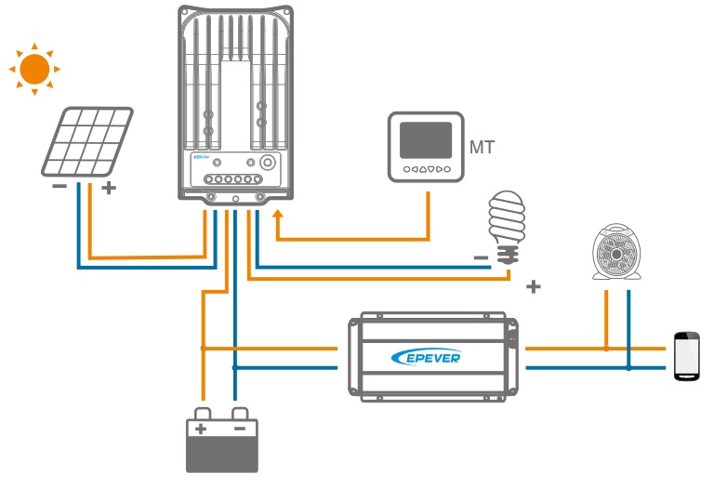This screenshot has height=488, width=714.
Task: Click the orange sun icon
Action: [x=34, y=69]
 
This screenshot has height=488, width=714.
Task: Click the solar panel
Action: [x=86, y=141]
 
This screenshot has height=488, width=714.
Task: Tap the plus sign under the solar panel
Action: [x=109, y=188]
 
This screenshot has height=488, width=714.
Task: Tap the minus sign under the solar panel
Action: [x=59, y=187]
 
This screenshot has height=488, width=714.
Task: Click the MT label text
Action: [x=483, y=148]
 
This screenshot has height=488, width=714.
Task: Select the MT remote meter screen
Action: [x=425, y=139]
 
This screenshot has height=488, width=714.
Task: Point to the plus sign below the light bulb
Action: [x=533, y=286]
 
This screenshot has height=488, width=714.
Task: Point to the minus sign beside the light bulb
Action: [x=481, y=257]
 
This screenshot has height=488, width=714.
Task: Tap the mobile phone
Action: [x=685, y=355]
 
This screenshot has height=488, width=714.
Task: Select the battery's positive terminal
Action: [x=200, y=428]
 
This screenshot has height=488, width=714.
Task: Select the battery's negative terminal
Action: [x=240, y=428]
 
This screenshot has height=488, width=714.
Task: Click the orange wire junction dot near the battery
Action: [x=202, y=348]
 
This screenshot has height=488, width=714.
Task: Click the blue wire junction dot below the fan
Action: [x=629, y=368]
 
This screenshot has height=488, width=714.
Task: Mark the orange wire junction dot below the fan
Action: [x=606, y=349]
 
